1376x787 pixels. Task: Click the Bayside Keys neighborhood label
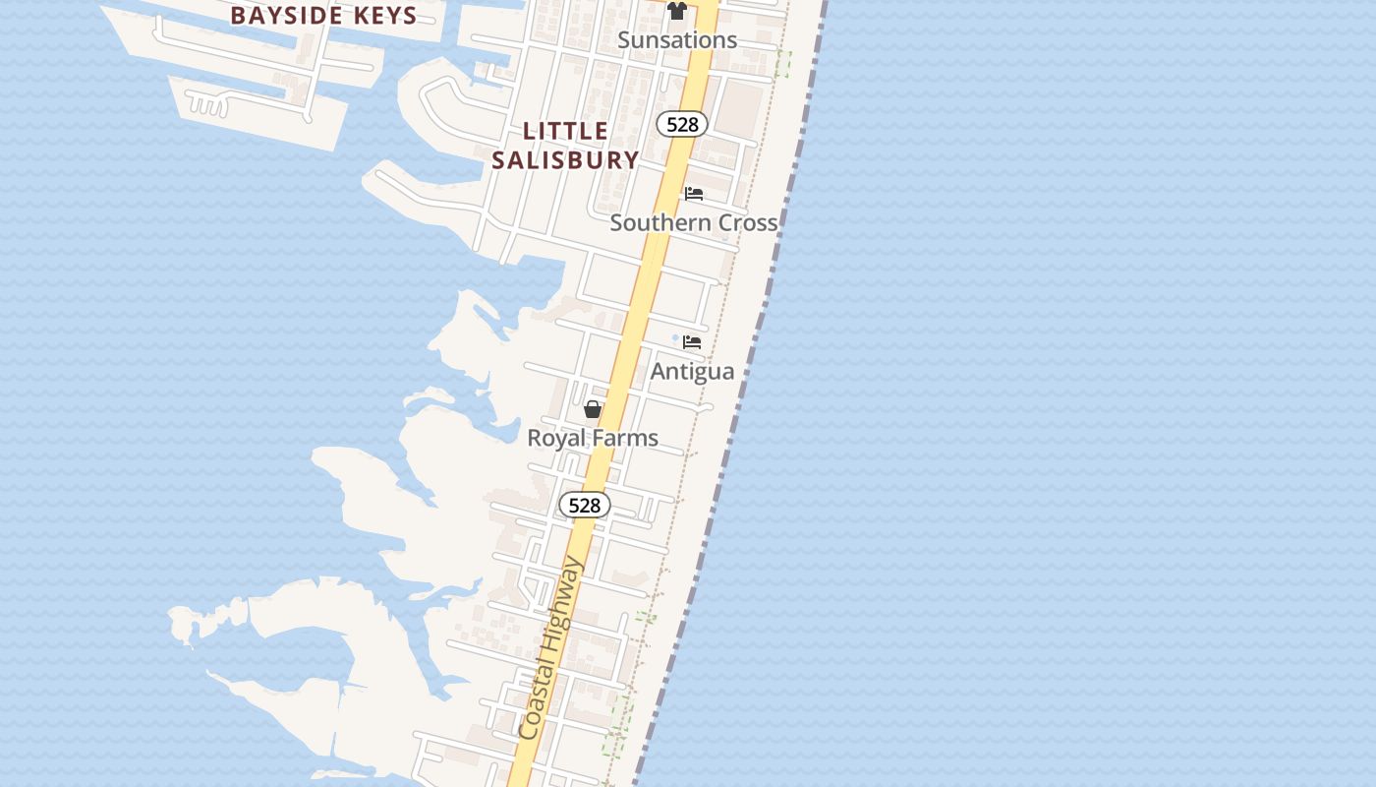[323, 15]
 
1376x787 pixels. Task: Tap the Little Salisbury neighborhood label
[565, 145]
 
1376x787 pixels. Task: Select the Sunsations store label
[677, 40]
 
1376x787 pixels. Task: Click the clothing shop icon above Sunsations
[677, 11]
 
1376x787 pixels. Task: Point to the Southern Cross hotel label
[694, 222]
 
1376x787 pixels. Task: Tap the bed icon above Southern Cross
[694, 194]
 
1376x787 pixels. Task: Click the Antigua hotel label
[692, 371]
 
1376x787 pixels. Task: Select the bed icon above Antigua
[692, 342]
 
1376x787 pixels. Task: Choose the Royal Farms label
[593, 438]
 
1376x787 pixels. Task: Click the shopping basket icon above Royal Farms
[593, 409]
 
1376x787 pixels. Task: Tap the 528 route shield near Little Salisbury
[682, 124]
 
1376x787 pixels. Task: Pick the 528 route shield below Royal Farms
[585, 505]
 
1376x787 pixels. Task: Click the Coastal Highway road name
[550, 649]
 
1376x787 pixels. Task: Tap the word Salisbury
[565, 159]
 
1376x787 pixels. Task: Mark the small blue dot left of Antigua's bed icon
[676, 339]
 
